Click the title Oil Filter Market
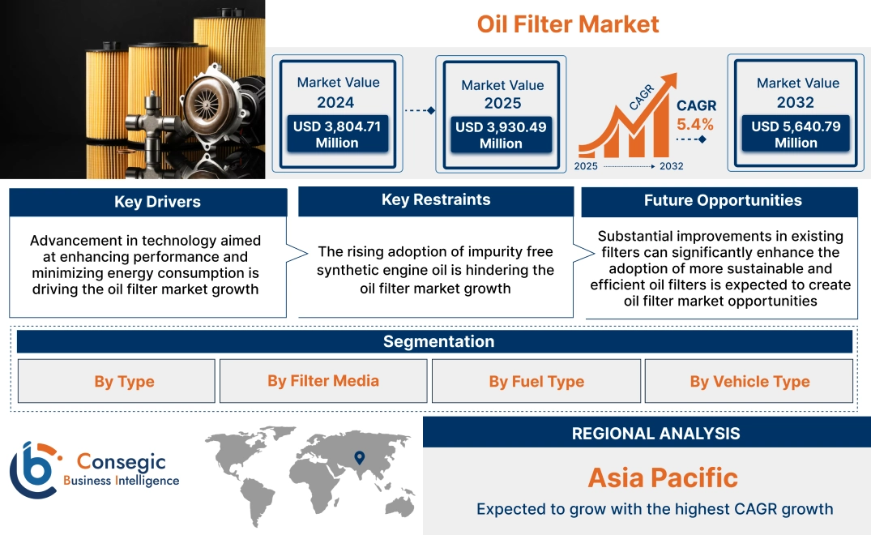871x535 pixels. [568, 24]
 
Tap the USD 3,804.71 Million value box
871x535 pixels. [337, 135]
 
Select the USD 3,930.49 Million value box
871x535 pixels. [501, 135]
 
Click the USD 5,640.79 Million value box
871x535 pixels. [796, 135]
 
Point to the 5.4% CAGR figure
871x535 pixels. [695, 124]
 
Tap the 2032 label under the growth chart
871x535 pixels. [671, 166]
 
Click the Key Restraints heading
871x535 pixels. [436, 200]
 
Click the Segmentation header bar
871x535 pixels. [438, 341]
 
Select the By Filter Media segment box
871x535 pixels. [323, 381]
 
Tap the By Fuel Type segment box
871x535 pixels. [536, 382]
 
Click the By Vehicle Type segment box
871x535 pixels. [749, 382]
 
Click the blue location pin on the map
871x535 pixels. [359, 458]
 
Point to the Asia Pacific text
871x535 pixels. [663, 477]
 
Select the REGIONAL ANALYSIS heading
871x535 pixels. [655, 434]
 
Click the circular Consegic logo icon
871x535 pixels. [33, 469]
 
